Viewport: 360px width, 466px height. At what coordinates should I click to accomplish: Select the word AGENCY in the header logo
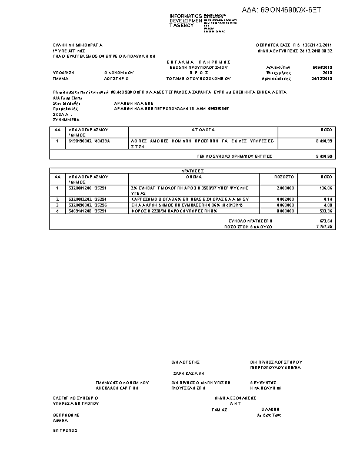[x=182, y=25]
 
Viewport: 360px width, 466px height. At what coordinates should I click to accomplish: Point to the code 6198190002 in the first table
[x=80, y=141]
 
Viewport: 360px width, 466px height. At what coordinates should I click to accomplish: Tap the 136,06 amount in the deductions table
[x=325, y=188]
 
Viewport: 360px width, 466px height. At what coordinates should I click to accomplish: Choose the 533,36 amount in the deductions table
[x=325, y=210]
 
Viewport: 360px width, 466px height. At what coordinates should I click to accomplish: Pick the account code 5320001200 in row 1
[x=80, y=188]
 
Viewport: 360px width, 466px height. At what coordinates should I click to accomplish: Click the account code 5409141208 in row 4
[x=80, y=210]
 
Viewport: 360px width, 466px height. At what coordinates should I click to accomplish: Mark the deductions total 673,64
[x=325, y=221]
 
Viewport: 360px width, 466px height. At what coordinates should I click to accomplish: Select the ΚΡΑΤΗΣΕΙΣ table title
[x=193, y=170]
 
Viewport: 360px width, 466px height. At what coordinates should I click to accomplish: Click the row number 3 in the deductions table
[x=58, y=205]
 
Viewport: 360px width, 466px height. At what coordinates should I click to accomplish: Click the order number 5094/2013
[x=324, y=67]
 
